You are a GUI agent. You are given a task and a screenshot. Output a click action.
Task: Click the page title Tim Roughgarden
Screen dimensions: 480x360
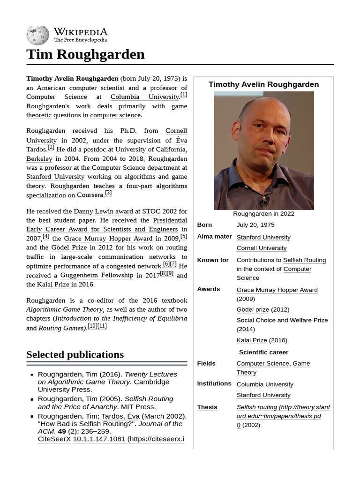tap(85, 54)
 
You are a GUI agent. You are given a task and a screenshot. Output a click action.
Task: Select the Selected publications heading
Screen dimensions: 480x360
tap(75, 354)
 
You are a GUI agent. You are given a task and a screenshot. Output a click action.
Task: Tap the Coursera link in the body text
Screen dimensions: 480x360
tap(90, 195)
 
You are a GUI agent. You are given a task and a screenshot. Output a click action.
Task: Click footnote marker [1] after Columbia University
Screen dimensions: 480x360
tap(184, 95)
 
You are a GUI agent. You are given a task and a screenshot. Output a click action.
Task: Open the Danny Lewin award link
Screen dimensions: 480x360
tap(104, 211)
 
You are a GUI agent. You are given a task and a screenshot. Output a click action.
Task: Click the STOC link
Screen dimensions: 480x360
tap(151, 211)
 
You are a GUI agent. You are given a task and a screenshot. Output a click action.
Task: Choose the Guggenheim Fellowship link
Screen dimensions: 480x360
tap(97, 275)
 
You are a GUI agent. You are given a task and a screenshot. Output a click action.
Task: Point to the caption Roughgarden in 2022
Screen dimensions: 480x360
tap(263, 214)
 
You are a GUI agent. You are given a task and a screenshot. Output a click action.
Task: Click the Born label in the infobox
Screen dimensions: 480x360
tap(204, 225)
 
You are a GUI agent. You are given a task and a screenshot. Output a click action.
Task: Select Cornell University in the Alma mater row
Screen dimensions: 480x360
tap(261, 248)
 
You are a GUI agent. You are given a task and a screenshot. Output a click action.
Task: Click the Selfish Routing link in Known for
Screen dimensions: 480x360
tap(304, 260)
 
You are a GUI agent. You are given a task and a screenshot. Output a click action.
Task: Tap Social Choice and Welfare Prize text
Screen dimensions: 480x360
tap(282, 320)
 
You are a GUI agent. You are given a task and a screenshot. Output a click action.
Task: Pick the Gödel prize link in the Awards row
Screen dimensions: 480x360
tap(253, 309)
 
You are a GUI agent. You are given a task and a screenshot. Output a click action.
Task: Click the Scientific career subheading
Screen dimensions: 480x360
tap(263, 352)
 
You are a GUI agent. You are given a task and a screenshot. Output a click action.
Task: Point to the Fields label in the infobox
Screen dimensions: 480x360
tap(206, 363)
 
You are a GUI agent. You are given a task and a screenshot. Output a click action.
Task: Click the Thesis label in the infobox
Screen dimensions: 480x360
tap(207, 407)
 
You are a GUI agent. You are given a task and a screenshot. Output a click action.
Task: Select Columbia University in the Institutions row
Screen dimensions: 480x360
tap(264, 384)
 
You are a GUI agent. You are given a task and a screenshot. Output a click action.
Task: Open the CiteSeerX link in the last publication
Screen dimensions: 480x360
tap(54, 439)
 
